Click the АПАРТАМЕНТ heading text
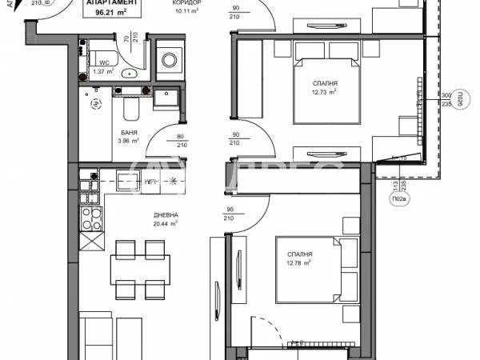tap(113, 3)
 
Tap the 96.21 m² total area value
tap(113, 13)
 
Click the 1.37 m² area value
tap(104, 72)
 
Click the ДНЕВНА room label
tap(166, 215)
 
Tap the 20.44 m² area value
tap(166, 224)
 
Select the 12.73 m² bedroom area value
tap(325, 92)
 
